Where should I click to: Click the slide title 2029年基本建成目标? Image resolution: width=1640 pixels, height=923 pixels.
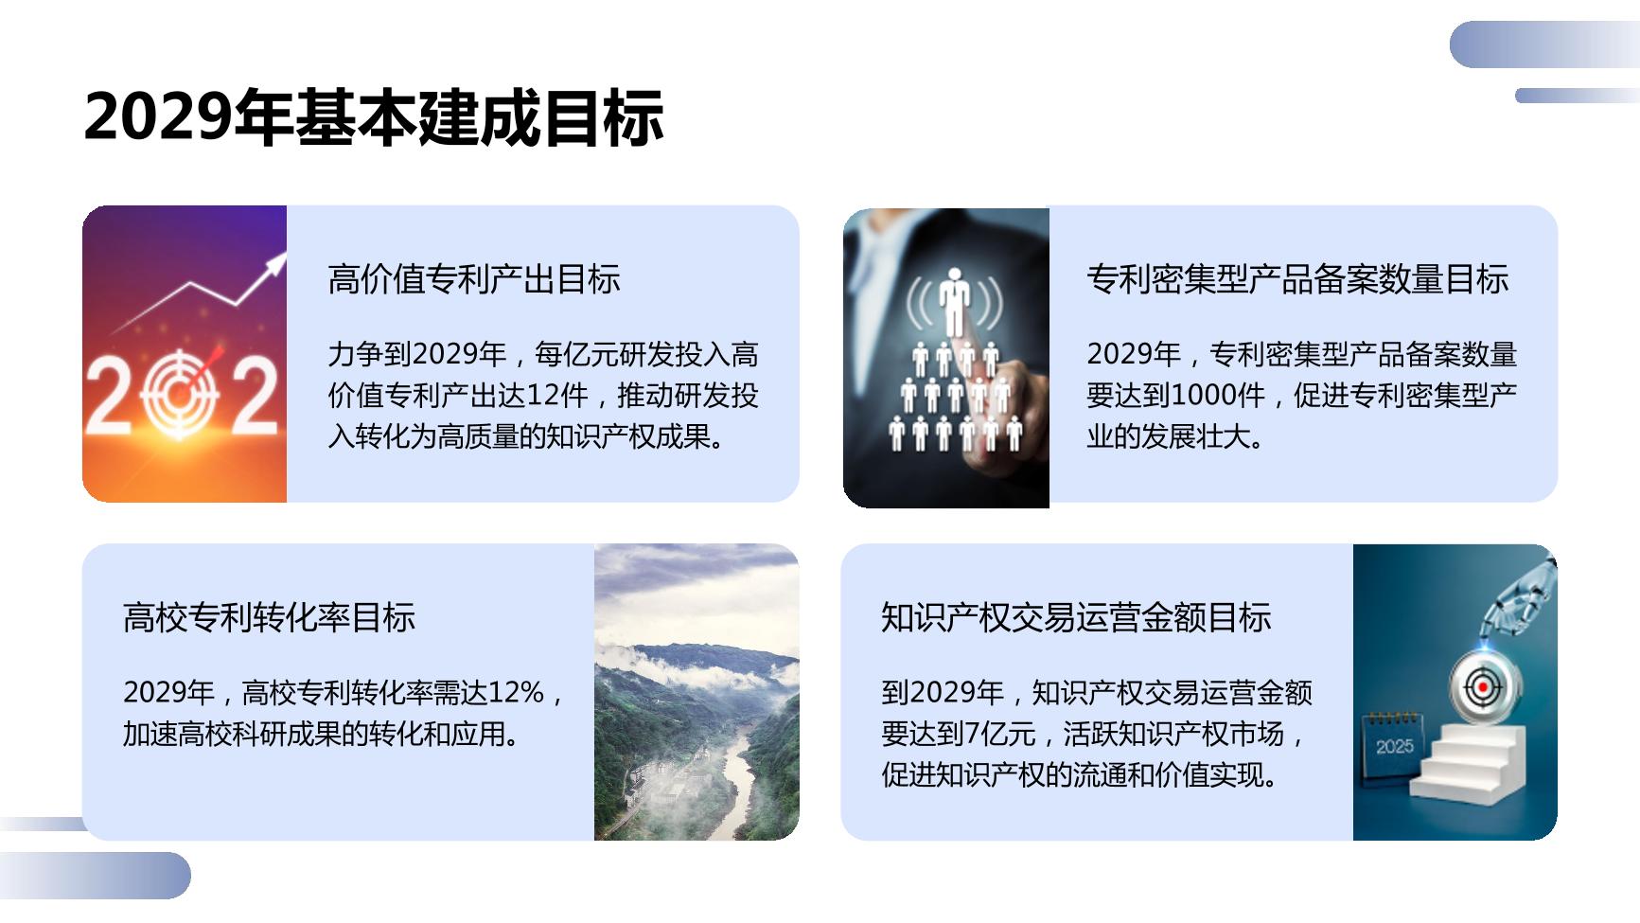point(374,117)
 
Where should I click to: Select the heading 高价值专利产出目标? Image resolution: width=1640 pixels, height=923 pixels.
point(474,279)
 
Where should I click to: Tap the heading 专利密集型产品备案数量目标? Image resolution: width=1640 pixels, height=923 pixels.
point(1297,279)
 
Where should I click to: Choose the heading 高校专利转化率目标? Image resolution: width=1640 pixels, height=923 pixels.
point(270,617)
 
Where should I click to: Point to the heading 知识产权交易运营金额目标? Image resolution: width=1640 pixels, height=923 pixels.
point(1076,617)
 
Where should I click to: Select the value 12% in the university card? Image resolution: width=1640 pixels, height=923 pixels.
point(516,692)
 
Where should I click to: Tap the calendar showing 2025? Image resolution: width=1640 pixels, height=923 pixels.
point(1394,746)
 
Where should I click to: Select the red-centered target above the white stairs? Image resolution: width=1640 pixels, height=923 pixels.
point(1482,685)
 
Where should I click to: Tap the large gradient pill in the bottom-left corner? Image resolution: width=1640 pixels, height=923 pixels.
point(95,875)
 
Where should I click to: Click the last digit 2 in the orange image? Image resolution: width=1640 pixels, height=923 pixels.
point(255,396)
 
